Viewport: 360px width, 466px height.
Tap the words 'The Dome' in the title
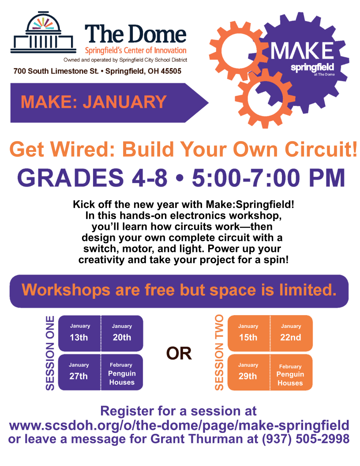[x=135, y=34]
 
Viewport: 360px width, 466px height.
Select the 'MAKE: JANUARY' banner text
[x=94, y=102]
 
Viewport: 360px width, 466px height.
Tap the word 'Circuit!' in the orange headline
[x=317, y=150]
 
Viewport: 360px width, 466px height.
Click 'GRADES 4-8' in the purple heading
[x=92, y=177]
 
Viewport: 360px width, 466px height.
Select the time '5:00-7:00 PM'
[x=269, y=177]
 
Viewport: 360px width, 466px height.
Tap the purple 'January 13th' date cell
[x=79, y=333]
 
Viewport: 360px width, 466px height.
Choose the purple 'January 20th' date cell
[x=122, y=333]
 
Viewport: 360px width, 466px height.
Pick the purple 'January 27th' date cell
[x=79, y=372]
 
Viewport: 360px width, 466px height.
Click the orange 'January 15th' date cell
[x=248, y=333]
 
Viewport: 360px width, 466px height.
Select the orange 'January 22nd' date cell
[x=291, y=333]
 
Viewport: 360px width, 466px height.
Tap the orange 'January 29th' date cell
[x=247, y=372]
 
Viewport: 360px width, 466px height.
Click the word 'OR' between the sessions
[x=179, y=353]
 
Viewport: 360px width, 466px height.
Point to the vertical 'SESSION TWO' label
[x=219, y=353]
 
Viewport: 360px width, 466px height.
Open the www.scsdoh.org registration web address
[x=179, y=426]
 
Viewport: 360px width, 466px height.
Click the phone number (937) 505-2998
[x=305, y=440]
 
